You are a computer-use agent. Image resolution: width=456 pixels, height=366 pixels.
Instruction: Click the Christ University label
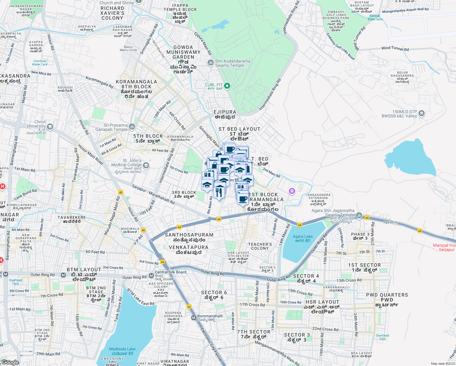[x=36, y=124]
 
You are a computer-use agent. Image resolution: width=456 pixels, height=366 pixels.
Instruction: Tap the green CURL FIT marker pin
[x=227, y=86]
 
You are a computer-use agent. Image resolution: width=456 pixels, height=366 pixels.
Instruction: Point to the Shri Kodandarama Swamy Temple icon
[x=210, y=63]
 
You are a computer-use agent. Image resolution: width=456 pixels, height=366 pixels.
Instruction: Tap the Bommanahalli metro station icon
[x=194, y=318]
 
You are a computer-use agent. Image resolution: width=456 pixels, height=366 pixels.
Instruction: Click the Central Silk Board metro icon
[x=151, y=276]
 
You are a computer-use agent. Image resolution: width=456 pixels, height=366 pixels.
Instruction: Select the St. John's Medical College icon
[x=146, y=165]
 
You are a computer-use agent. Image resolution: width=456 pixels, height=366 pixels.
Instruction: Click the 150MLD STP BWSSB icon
[x=422, y=113]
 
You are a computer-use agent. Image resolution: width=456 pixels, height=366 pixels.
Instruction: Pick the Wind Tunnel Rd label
[x=395, y=48]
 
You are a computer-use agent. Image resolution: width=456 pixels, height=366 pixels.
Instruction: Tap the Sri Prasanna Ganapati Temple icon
[x=132, y=127]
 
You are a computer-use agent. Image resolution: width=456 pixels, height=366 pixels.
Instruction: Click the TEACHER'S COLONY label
[x=260, y=246]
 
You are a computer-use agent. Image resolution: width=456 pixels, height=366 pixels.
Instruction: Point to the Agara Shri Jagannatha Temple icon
[x=359, y=215]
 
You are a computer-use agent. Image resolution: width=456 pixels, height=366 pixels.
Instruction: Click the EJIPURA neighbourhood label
[x=225, y=112]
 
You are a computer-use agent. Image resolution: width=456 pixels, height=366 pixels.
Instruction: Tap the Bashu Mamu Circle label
[x=128, y=48]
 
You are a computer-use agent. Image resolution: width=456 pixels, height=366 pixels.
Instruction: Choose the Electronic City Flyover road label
[x=212, y=345]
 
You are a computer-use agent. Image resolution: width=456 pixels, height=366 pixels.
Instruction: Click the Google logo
[x=10, y=362]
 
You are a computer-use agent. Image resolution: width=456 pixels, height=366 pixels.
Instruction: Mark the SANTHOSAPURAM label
[x=189, y=235]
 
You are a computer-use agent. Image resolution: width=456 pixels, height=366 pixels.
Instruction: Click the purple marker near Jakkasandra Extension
[x=292, y=191]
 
